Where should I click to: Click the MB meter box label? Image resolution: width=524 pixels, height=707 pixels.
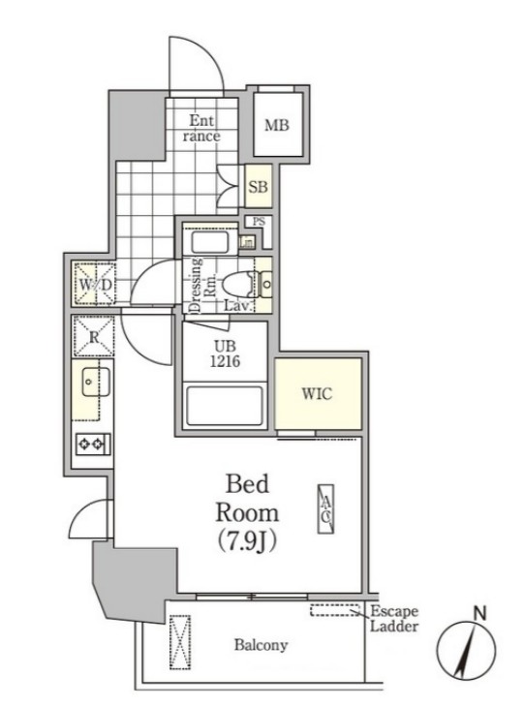coord(277,125)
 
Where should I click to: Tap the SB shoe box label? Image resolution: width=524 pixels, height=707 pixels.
coord(258,186)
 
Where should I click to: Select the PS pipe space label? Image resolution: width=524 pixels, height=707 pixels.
coord(259,222)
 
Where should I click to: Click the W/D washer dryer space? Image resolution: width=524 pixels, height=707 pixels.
coord(95,284)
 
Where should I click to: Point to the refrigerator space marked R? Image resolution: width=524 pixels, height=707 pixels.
coord(94,337)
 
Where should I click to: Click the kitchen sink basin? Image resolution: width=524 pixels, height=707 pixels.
coord(96,382)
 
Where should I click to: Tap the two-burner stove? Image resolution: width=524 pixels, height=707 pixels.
coord(93,445)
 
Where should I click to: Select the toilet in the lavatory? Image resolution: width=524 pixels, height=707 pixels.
coord(238,285)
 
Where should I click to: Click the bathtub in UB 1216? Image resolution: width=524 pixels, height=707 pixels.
coord(225,406)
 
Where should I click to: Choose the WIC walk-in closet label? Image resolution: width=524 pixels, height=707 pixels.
coord(317,393)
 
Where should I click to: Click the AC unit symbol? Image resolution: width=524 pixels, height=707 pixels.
coord(326,509)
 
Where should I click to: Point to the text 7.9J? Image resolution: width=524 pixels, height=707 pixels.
coord(247,540)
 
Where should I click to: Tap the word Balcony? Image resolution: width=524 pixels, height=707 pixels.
coord(261,645)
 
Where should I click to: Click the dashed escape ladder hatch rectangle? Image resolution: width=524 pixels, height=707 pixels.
coord(335,610)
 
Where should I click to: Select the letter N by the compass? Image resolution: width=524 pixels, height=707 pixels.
coord(480,613)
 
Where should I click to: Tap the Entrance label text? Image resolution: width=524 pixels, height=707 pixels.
coord(201,128)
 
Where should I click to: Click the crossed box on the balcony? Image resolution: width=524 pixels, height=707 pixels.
coord(180,642)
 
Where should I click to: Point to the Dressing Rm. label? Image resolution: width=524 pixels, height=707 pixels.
coord(202,285)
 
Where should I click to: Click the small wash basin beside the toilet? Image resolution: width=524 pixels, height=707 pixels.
coord(266,285)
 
